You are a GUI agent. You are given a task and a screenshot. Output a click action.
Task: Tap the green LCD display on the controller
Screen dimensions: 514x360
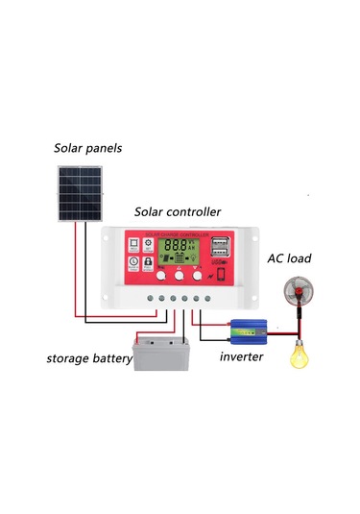point(179,252)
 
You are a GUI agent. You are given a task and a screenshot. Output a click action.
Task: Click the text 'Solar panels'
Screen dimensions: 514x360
point(88,148)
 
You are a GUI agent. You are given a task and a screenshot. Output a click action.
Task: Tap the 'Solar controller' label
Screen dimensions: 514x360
point(178,211)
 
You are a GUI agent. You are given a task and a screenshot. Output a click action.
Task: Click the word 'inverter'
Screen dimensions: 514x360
point(241,357)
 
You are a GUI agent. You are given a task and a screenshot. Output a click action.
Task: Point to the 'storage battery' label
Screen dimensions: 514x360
point(85,359)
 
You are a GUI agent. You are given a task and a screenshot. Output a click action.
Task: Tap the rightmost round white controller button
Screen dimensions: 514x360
point(197,276)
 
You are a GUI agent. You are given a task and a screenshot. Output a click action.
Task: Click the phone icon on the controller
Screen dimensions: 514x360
point(220,276)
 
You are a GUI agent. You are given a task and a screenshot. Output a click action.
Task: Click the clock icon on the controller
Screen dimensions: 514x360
point(149,244)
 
